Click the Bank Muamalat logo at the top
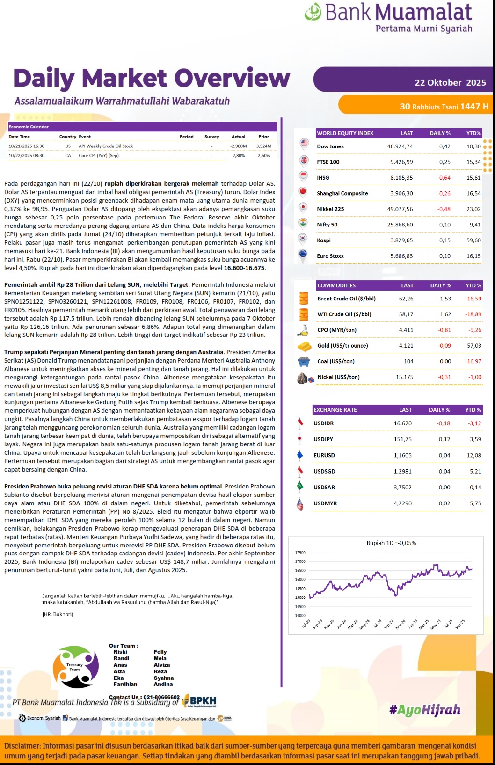point(388,17)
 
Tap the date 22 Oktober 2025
point(450,83)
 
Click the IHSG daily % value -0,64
point(444,178)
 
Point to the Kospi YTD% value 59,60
point(473,240)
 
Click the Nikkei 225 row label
point(330,209)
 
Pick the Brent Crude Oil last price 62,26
point(406,299)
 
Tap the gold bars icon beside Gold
point(305,346)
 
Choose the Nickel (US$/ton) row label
point(338,377)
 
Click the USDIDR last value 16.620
point(402,423)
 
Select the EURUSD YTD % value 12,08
point(473,455)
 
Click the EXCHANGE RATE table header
point(335,410)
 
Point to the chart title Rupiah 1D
point(391,543)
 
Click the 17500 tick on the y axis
point(300,553)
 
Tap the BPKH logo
point(199,700)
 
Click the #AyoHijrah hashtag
point(424,710)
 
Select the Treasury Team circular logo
point(75,667)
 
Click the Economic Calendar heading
point(29,127)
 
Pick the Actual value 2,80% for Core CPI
point(239,156)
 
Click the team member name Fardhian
point(125,684)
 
